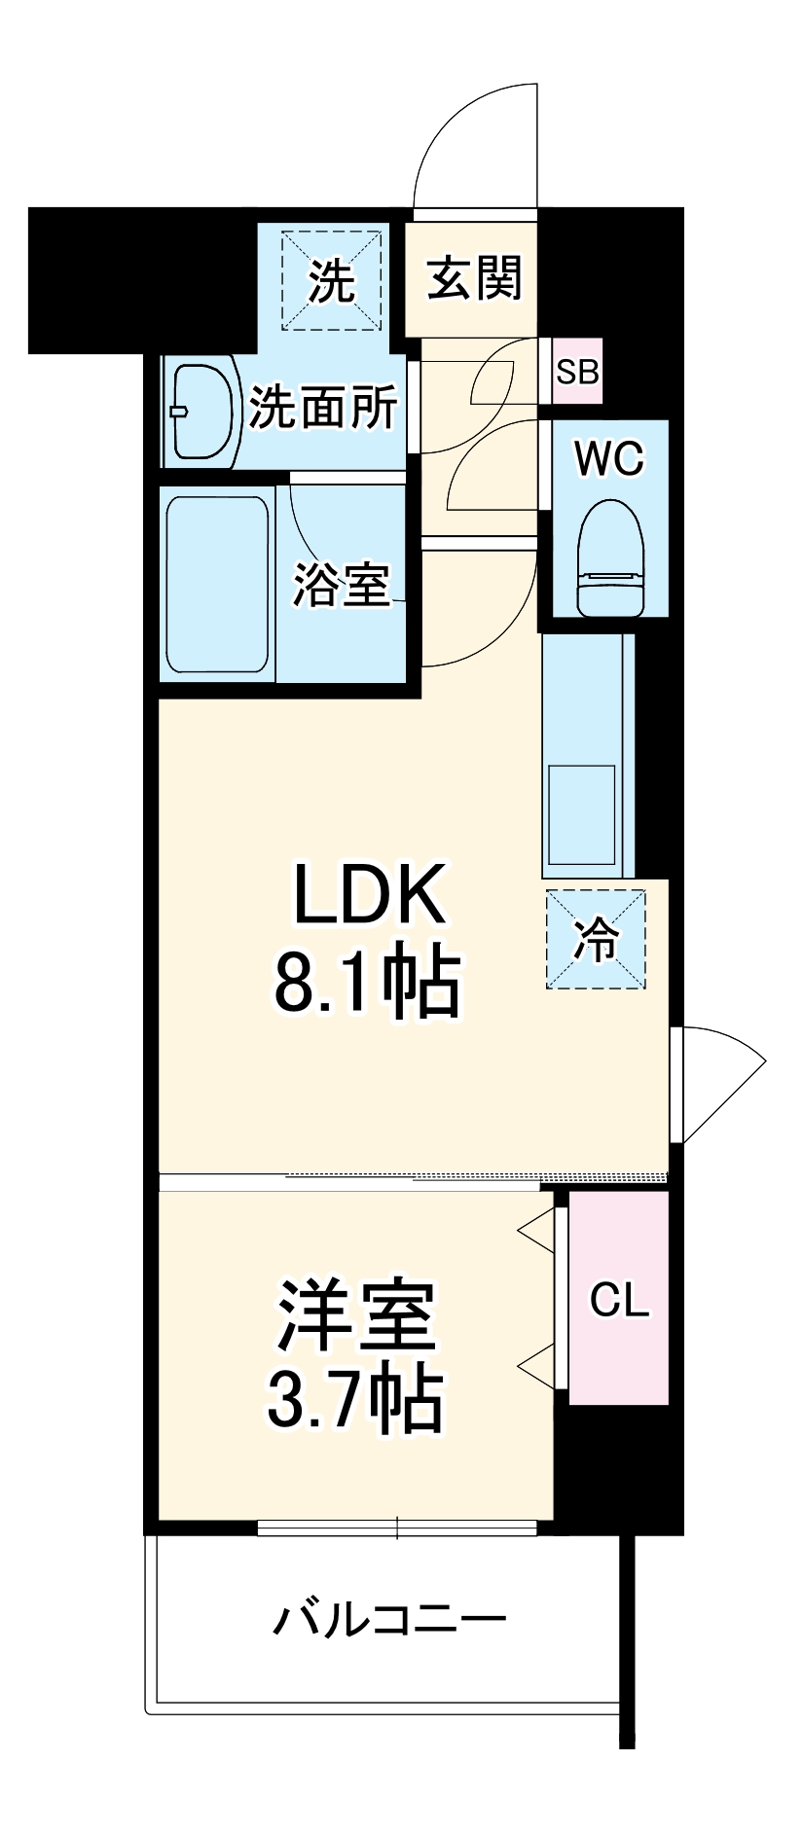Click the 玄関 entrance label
(475, 278)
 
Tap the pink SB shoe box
(577, 371)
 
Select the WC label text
(609, 458)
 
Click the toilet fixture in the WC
(611, 558)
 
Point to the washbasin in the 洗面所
(202, 412)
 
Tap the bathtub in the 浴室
(217, 584)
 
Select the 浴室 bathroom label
(342, 584)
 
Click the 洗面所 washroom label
(324, 407)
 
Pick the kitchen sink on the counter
(582, 815)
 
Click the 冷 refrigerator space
(596, 940)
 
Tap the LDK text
(370, 893)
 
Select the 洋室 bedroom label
(356, 1315)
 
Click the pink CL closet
(619, 1299)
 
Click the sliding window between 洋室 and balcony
(397, 1527)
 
